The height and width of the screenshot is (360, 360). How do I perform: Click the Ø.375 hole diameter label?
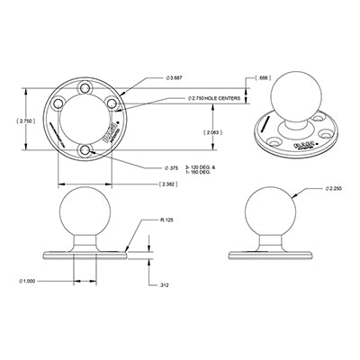[x=172, y=166]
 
